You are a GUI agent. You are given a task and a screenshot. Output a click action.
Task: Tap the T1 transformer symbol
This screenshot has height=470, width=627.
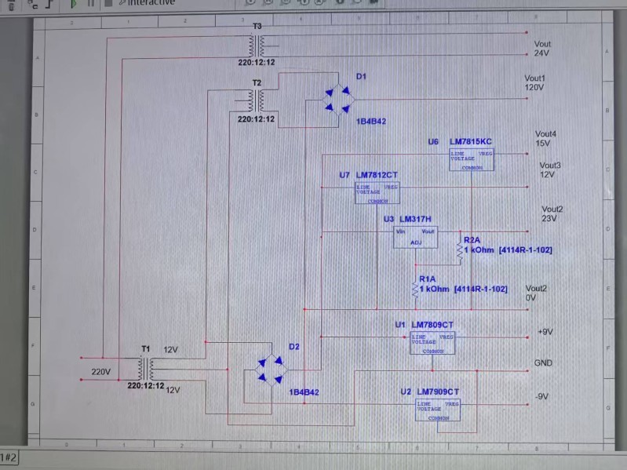tap(146, 367)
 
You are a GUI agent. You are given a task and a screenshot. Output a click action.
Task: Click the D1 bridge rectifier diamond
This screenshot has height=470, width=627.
tap(339, 100)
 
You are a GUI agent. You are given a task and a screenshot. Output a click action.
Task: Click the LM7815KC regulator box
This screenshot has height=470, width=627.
tap(471, 158)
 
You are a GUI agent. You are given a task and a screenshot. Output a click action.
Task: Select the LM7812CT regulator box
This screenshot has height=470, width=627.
tap(377, 193)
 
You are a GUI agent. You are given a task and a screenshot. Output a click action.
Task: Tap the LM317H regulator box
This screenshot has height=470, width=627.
tap(415, 237)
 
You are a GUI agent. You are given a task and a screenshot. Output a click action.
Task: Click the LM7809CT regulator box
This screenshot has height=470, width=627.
tap(432, 343)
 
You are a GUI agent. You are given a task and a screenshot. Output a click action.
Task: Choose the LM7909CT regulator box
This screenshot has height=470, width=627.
tap(438, 410)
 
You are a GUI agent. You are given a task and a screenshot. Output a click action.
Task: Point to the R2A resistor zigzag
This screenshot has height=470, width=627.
tap(461, 250)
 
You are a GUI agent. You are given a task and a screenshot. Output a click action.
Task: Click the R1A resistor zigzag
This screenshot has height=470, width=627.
tap(416, 290)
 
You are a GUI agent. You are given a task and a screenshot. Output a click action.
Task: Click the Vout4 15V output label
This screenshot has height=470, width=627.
tap(545, 139)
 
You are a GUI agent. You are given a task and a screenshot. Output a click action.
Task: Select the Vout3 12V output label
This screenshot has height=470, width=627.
tap(550, 169)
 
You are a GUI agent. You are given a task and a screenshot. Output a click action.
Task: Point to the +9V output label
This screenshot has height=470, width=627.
tap(545, 332)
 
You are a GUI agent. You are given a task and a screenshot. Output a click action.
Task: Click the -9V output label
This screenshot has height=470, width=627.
tap(541, 397)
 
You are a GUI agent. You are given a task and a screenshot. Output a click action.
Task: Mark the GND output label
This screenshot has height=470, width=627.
tap(543, 364)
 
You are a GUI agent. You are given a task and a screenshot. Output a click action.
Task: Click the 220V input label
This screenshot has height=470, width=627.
tap(101, 372)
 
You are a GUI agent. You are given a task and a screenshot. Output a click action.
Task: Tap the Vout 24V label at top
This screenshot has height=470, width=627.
tap(542, 49)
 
